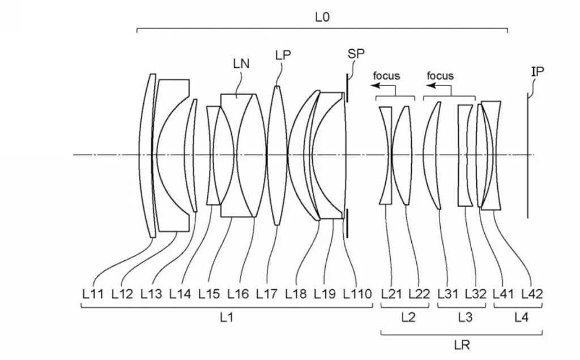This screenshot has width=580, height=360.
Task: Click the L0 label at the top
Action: click(322, 17)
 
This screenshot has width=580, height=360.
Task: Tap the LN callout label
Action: click(241, 64)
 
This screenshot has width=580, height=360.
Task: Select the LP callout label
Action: click(283, 55)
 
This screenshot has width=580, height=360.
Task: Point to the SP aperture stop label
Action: click(356, 54)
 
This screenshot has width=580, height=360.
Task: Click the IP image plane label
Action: click(538, 72)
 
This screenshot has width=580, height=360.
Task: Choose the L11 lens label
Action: click(93, 294)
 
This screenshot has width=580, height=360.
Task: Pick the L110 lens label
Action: click(357, 294)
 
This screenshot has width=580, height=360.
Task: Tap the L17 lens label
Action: click(267, 294)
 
